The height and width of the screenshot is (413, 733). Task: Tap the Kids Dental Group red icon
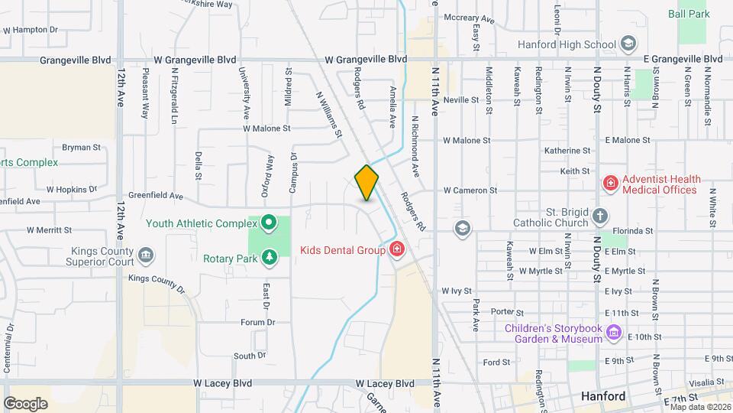(396, 249)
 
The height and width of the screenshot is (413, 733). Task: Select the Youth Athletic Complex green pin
(269, 224)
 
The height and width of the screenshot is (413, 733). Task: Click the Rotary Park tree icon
(269, 258)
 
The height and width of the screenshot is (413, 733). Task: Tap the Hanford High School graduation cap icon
(628, 44)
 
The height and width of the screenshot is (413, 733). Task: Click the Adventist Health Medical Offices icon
(610, 183)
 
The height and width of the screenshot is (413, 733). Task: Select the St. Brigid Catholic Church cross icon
(600, 216)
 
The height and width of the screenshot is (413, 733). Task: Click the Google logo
(25, 403)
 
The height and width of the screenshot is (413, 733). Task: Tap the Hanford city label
(603, 396)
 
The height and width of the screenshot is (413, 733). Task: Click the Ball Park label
(689, 14)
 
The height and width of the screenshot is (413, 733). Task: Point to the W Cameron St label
(470, 190)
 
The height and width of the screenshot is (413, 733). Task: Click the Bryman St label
(81, 147)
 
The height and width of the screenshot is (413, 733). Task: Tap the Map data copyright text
(700, 406)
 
